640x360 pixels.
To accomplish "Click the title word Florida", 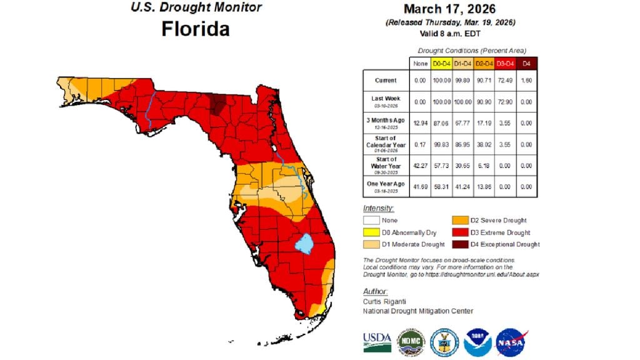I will [195, 29].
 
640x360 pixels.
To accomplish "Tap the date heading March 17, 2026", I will [449, 9].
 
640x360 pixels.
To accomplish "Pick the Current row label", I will [386, 81].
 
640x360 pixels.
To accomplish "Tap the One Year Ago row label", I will [386, 186].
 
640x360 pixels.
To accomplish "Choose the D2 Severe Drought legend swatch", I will [461, 220].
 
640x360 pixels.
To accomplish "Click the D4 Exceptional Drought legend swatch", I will [461, 244].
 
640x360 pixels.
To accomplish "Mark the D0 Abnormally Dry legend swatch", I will [371, 232].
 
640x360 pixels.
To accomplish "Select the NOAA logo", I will [478, 342].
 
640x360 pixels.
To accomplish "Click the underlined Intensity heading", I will [378, 208].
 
